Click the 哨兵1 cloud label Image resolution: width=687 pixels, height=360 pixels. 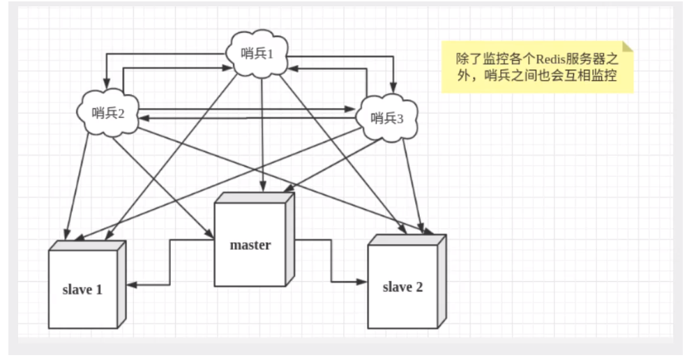258,54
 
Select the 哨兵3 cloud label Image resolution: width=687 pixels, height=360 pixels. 387,117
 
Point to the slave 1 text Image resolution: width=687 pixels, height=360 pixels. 82,289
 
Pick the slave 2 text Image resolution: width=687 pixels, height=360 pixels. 402,286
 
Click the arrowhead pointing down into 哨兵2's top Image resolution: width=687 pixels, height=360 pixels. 105,87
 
